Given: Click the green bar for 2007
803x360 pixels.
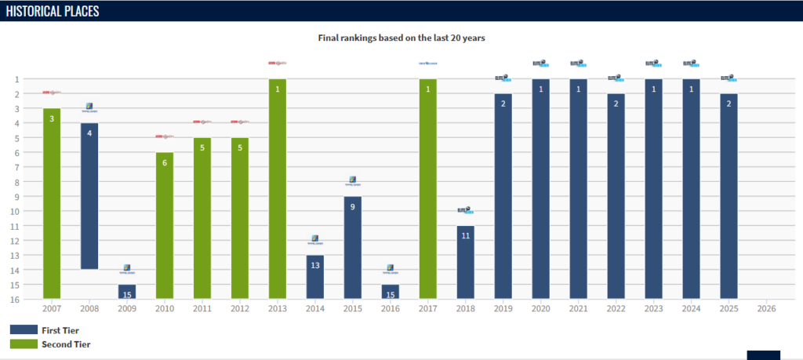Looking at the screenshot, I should point(52,204).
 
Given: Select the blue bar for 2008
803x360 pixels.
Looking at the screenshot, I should point(89,196).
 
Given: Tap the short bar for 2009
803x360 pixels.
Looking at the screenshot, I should point(127,292).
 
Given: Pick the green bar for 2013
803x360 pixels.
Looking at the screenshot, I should point(278,188).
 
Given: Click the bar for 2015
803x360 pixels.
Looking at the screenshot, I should point(353,247).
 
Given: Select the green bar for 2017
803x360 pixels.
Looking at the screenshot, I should point(428,188).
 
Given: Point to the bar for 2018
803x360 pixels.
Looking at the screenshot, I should point(466,262).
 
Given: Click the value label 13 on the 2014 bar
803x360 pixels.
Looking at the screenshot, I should point(315,266).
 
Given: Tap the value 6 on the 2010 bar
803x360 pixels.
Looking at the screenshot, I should point(165,163).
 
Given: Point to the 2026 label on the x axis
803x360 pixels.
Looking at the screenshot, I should point(766,309).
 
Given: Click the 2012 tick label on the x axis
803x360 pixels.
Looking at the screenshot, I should point(240,309).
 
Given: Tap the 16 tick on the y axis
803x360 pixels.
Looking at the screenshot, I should point(17,299).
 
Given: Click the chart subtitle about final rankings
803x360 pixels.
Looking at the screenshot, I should point(401,37).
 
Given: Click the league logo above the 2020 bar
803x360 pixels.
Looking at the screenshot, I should point(540,64).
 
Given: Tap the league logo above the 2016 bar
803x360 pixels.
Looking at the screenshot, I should point(390,269).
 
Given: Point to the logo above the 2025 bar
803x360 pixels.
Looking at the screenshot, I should point(729,78).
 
